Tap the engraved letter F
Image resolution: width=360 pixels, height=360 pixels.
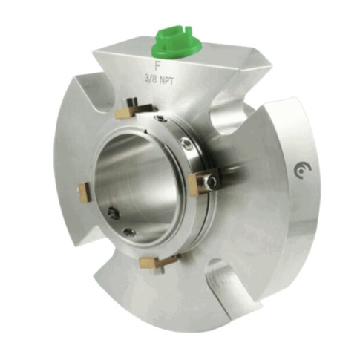(157, 66)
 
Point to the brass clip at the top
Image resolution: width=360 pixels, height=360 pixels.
(134, 111)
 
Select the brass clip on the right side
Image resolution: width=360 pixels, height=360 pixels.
(202, 182)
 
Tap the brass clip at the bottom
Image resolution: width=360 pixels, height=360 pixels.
(156, 261)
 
